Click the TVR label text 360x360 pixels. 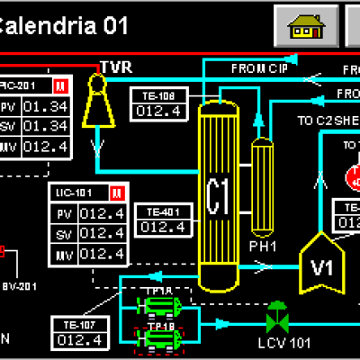[116, 67]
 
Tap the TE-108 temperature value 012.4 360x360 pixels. [159, 111]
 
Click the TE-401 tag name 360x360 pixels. [159, 211]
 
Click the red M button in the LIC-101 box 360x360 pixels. [115, 193]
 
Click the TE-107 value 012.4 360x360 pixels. [78, 339]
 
